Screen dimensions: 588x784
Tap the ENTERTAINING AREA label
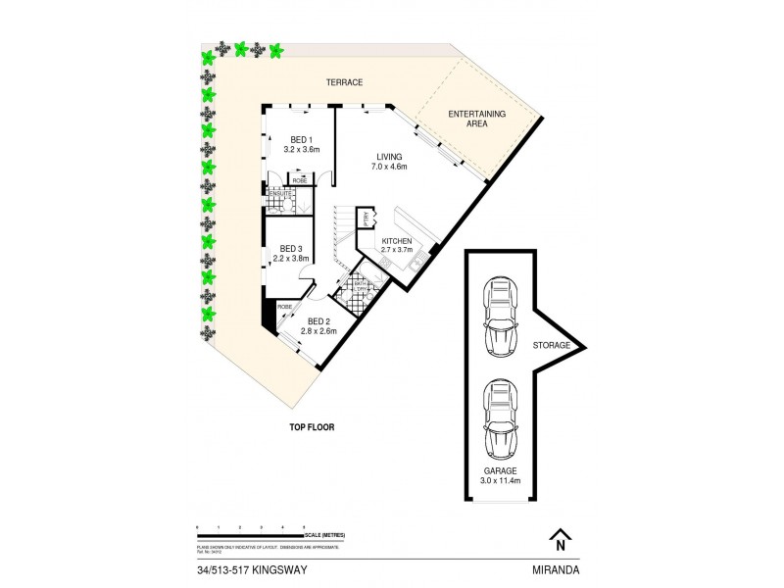[x=476, y=120]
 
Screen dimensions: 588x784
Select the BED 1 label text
[x=300, y=139]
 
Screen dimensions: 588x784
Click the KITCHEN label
[x=396, y=240]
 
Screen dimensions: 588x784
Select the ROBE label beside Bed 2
[x=285, y=307]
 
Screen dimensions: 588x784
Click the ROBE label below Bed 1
[x=299, y=179]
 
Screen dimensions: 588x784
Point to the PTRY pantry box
[x=366, y=219]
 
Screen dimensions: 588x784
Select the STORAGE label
[x=551, y=345]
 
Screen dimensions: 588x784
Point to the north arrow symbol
[x=559, y=539]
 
